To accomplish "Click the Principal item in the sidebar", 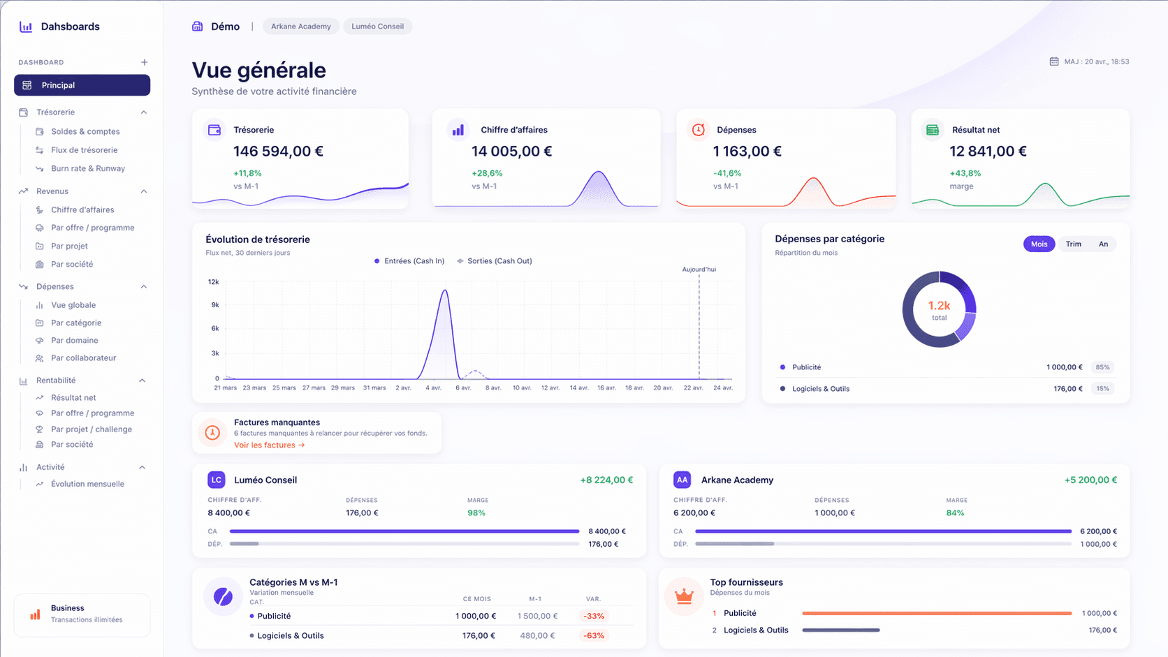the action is pyautogui.click(x=82, y=85).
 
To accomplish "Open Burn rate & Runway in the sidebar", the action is pyautogui.click(x=87, y=168).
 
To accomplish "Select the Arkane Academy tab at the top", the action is pyautogui.click(x=301, y=26).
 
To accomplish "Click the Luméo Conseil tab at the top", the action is pyautogui.click(x=377, y=26).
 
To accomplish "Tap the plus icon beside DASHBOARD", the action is pyautogui.click(x=145, y=62).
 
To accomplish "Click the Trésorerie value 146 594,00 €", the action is pyautogui.click(x=279, y=151).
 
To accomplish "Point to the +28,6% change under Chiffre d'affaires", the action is pyautogui.click(x=487, y=173).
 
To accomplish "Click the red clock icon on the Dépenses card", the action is pyautogui.click(x=698, y=129).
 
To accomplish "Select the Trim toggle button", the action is pyautogui.click(x=1074, y=244).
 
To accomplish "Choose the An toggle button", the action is pyautogui.click(x=1103, y=244).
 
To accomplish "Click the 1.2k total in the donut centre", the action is pyautogui.click(x=939, y=310).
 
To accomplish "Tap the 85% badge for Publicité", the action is pyautogui.click(x=1102, y=367).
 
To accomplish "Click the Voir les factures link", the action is pyautogui.click(x=270, y=445).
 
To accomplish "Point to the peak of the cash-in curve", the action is pyautogui.click(x=445, y=290).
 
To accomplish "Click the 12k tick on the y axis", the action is pyautogui.click(x=213, y=282).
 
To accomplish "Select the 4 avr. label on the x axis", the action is pyautogui.click(x=433, y=387).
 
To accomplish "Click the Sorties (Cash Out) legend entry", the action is pyautogui.click(x=495, y=261).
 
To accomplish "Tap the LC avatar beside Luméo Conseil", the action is pyautogui.click(x=217, y=480).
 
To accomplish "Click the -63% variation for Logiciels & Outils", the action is pyautogui.click(x=594, y=635).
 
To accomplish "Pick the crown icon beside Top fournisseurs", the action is pyautogui.click(x=684, y=596).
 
